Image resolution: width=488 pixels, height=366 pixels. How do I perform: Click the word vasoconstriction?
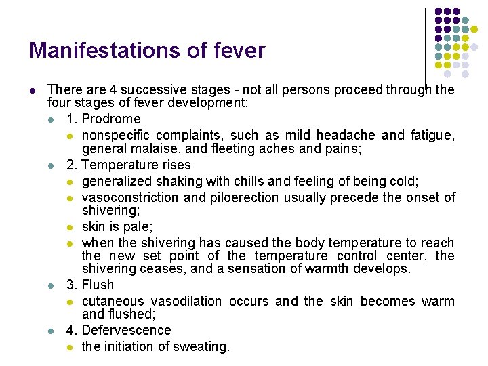[x=131, y=197]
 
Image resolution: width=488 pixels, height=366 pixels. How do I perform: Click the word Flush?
[x=98, y=285]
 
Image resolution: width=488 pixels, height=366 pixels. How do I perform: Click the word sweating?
[x=203, y=346]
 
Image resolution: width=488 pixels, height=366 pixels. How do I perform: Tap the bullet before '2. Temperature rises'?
[x=52, y=165]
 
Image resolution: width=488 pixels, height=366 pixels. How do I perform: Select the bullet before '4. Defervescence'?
[x=52, y=331]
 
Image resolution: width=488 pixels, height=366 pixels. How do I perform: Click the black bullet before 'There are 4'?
[x=33, y=90]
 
